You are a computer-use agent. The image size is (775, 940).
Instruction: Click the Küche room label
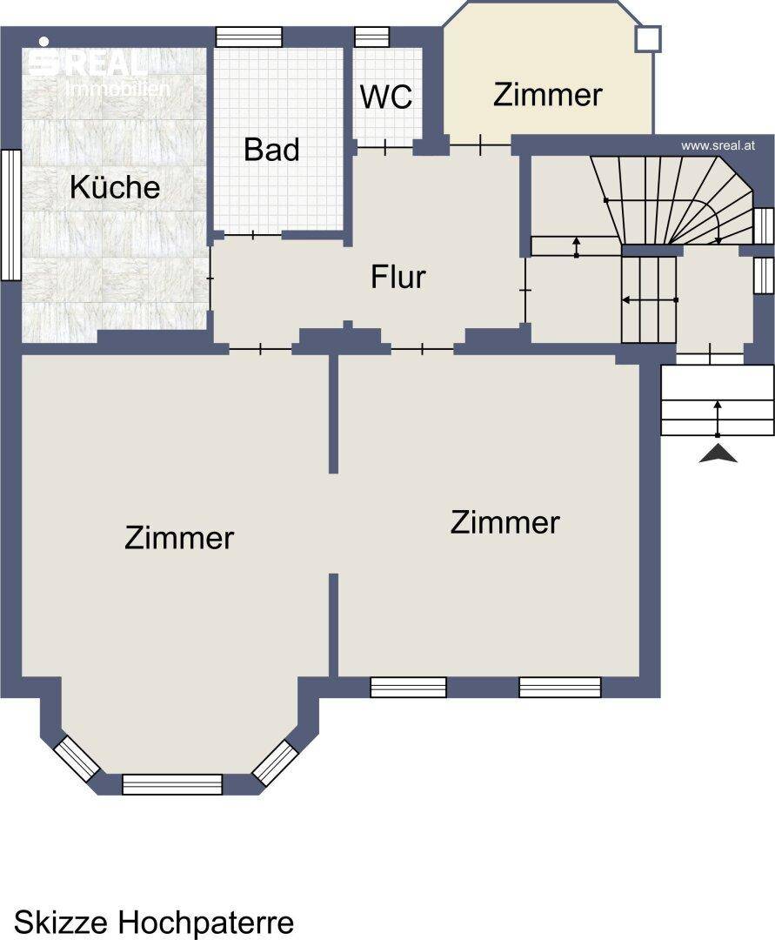coord(115,187)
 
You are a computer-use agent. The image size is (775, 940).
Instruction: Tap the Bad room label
coord(272,150)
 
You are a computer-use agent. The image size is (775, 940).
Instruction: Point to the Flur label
coord(398,277)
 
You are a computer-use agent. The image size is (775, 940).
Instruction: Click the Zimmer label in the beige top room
coord(547,95)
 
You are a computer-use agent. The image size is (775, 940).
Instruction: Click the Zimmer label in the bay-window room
coord(179,538)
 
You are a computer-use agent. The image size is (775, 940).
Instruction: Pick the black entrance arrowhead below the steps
coord(718,454)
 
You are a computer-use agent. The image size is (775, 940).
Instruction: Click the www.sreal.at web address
coord(718,145)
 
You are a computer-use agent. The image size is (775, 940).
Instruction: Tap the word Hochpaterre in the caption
coord(206,922)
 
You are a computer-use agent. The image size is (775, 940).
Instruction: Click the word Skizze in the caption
coord(62,922)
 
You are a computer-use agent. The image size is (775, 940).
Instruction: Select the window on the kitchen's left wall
coord(10,214)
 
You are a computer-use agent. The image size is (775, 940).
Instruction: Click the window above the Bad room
coord(249,37)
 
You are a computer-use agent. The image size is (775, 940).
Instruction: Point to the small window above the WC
coord(372,37)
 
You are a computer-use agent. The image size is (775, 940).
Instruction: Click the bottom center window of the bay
coord(172,784)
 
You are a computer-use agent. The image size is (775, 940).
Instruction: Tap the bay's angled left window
coord(77,758)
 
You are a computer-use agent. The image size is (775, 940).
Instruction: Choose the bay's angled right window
coord(275,762)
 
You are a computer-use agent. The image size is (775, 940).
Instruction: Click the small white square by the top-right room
coord(648,39)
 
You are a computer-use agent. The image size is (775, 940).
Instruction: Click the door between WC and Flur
coord(385,146)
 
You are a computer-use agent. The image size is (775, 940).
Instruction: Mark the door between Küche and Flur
coord(210,279)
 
